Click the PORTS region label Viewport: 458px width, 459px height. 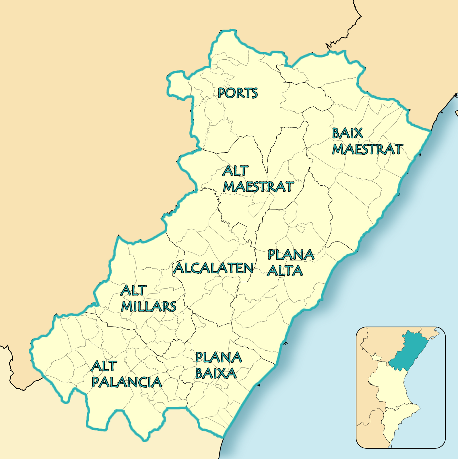pyautogui.click(x=238, y=93)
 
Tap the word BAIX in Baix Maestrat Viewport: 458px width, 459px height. pyautogui.click(x=347, y=133)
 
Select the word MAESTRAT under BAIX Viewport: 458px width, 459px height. pyautogui.click(x=368, y=149)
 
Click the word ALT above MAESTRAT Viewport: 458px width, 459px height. pyautogui.click(x=235, y=171)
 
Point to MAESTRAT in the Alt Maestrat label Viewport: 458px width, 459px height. pyautogui.click(x=258, y=187)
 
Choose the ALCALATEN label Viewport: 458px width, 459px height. pyautogui.click(x=213, y=268)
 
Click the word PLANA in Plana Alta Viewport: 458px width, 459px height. pyautogui.click(x=291, y=255)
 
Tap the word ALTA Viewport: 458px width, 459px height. pyautogui.click(x=285, y=271)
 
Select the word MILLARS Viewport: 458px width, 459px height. pyautogui.click(x=148, y=307)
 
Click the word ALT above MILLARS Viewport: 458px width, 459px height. pyautogui.click(x=133, y=291)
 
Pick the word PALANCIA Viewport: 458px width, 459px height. pyautogui.click(x=127, y=382)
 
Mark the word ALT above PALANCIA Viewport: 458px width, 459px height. pyautogui.click(x=104, y=366)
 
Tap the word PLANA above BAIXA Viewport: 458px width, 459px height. pyautogui.click(x=219, y=357)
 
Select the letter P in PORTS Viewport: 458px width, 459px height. pyautogui.click(x=221, y=93)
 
